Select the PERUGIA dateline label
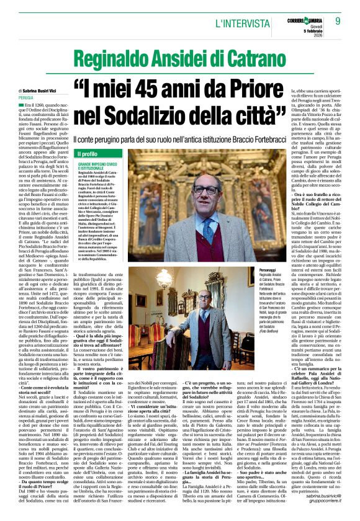27,98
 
